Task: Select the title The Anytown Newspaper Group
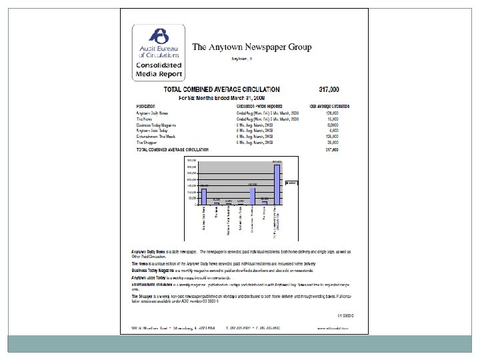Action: pyautogui.click(x=252, y=47)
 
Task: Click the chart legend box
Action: pyautogui.click(x=292, y=182)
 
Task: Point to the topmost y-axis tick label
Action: pyautogui.click(x=191, y=161)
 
